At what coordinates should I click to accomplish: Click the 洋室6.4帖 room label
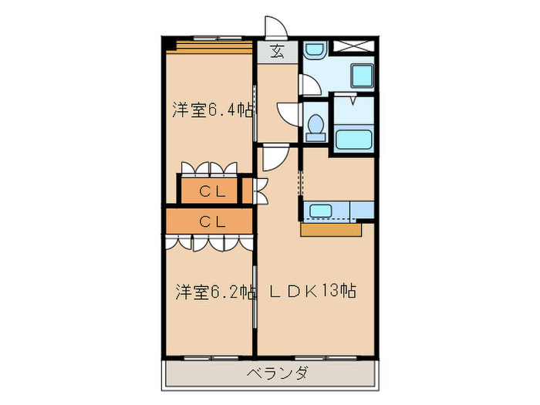(212, 110)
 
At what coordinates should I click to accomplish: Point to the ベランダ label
(278, 374)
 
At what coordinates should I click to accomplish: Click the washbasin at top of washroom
(314, 51)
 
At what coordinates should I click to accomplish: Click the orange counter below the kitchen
(331, 229)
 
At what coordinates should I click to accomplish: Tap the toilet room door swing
(289, 114)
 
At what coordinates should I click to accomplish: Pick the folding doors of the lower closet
(208, 242)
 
